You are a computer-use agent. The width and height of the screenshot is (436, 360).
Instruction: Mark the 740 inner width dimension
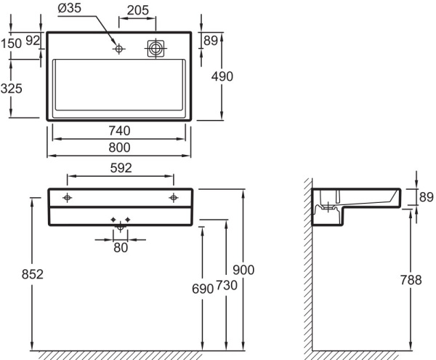pyautogui.click(x=119, y=131)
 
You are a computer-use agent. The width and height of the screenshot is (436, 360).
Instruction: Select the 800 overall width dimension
pyautogui.click(x=119, y=147)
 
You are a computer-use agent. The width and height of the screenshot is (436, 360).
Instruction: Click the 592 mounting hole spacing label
pyautogui.click(x=121, y=168)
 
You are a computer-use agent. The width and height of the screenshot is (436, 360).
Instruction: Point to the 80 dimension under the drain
pyautogui.click(x=121, y=248)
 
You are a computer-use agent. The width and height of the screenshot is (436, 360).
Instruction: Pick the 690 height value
pyautogui.click(x=203, y=289)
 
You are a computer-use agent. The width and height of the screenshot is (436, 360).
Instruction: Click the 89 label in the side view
pyautogui.click(x=426, y=196)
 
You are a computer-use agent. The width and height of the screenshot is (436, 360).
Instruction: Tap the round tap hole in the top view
pyautogui.click(x=119, y=49)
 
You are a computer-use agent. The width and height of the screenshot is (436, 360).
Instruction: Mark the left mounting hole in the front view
pyautogui.click(x=67, y=198)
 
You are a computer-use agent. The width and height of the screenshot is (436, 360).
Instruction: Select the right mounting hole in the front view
pyautogui.click(x=174, y=198)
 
